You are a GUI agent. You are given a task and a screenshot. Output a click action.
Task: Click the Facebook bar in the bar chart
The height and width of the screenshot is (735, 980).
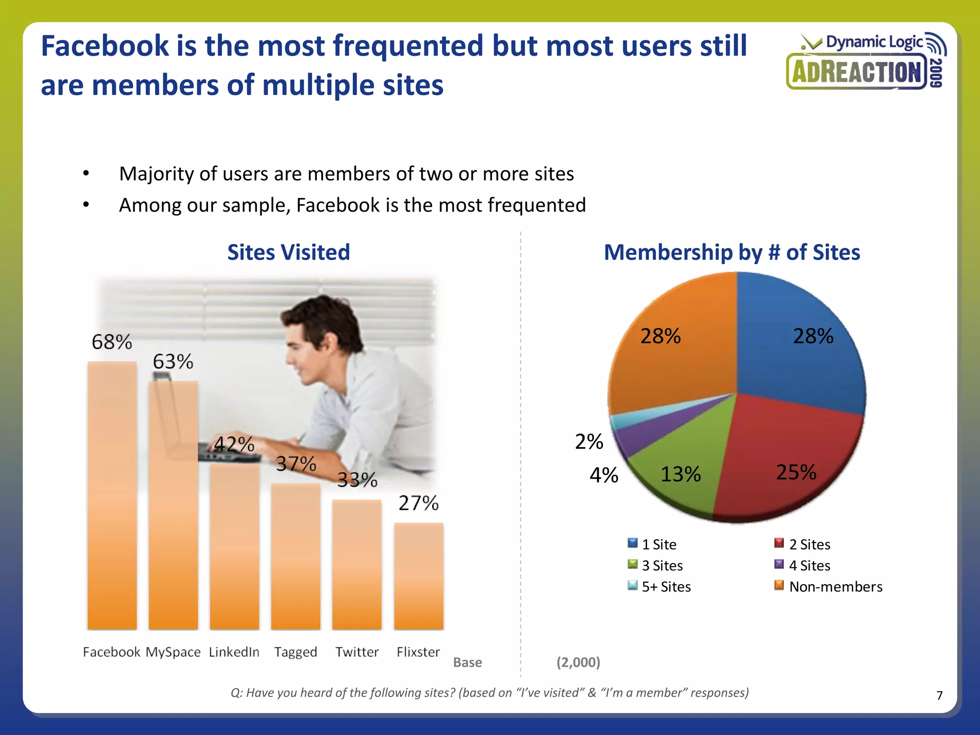[112, 495]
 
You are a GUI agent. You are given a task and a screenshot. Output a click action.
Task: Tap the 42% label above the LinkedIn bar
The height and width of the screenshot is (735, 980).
[234, 445]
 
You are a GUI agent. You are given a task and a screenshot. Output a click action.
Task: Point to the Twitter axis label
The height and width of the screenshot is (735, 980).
[356, 652]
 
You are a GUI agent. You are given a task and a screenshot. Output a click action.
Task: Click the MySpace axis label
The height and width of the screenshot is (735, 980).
[173, 652]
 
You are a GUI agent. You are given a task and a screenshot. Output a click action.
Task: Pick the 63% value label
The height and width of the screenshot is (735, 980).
[173, 362]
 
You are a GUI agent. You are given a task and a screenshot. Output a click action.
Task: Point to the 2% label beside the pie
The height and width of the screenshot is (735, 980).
[589, 441]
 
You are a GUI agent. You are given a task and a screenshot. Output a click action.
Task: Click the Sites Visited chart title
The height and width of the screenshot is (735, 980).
[289, 252]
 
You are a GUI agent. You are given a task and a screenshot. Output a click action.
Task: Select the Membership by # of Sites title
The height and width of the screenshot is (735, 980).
[732, 252]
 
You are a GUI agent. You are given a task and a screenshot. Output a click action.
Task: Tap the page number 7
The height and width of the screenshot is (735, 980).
[939, 695]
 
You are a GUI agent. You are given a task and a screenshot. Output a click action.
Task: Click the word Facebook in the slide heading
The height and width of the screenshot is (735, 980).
[105, 46]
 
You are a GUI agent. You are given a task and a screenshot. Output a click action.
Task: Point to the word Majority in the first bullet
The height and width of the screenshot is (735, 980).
[156, 174]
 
